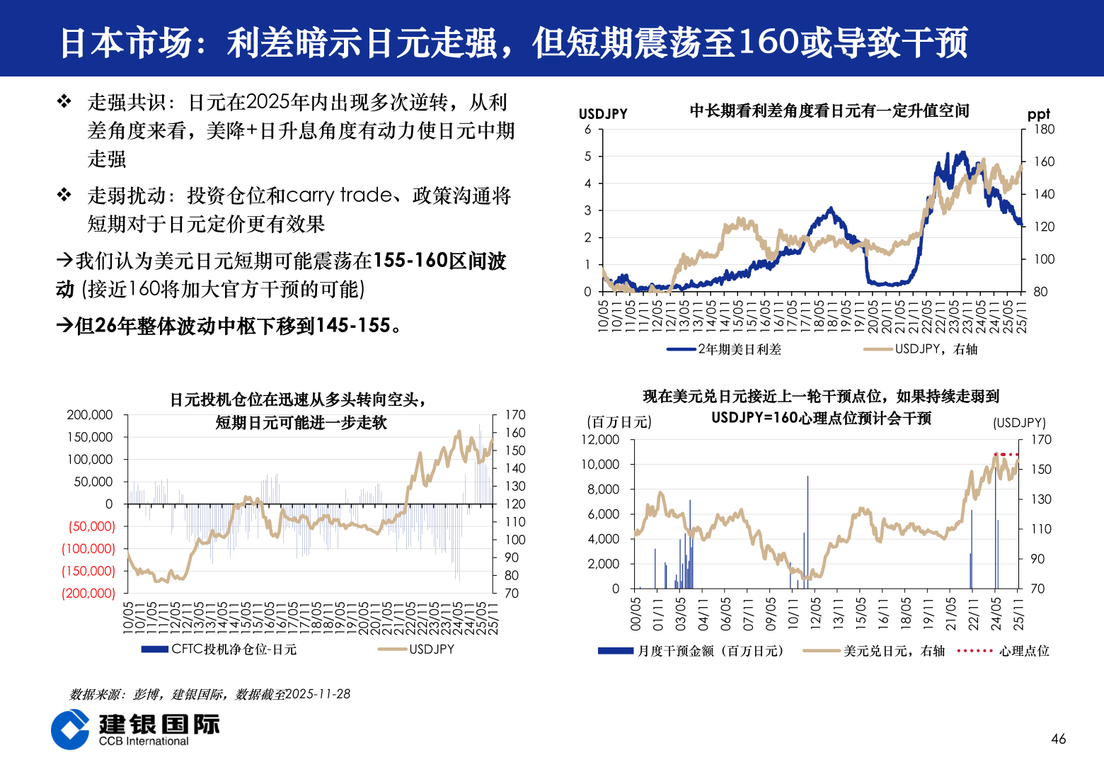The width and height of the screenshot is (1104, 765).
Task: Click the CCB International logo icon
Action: coord(71,730)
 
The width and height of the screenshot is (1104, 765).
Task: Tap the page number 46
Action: coord(1058,739)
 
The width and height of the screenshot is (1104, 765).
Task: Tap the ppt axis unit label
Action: coord(1038,114)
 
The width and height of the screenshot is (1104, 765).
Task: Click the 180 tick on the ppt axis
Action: coord(1044,130)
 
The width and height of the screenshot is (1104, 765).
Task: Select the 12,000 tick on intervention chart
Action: coord(599,440)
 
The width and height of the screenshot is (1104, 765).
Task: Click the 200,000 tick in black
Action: coord(90,415)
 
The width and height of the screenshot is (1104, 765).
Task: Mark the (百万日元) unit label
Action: coord(619,422)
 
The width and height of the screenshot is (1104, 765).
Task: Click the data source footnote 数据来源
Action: coord(209,694)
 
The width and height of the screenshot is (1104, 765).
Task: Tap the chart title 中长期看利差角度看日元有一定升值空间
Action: coord(829,110)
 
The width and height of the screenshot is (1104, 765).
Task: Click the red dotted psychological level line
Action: coord(1006,454)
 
